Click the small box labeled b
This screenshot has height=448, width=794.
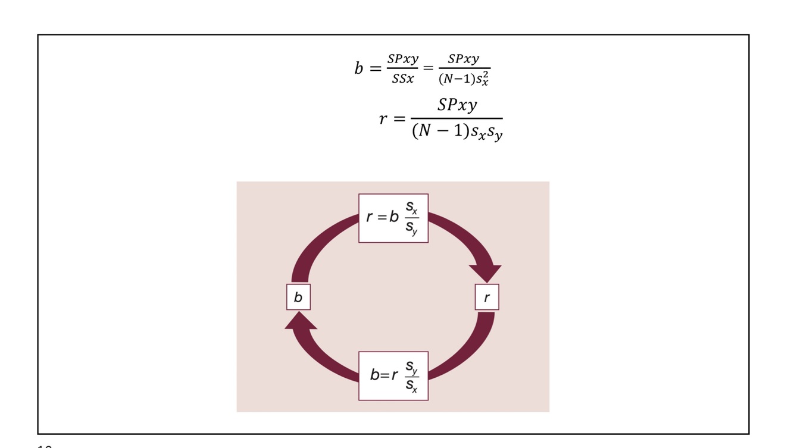pyautogui.click(x=298, y=297)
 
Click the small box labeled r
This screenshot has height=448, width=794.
pyautogui.click(x=486, y=297)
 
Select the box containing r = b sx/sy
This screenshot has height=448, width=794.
pyautogui.click(x=393, y=218)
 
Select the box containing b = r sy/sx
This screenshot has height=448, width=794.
pyautogui.click(x=393, y=375)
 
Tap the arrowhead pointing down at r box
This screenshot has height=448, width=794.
pyautogui.click(x=486, y=273)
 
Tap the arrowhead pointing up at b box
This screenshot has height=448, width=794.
pyautogui.click(x=301, y=321)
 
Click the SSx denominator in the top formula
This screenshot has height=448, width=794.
pyautogui.click(x=402, y=79)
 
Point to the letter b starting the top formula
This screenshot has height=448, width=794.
pyautogui.click(x=358, y=68)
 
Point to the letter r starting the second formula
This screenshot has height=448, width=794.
pyautogui.click(x=383, y=118)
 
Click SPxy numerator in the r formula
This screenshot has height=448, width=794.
pyautogui.click(x=457, y=105)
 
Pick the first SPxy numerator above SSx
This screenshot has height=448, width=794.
pyautogui.click(x=402, y=59)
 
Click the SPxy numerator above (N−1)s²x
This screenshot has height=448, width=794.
pyautogui.click(x=464, y=59)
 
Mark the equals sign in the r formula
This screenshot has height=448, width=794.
pyautogui.click(x=399, y=119)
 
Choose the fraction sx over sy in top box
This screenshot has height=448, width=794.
pyautogui.click(x=411, y=218)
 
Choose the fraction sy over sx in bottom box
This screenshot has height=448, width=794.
pyautogui.click(x=411, y=376)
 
